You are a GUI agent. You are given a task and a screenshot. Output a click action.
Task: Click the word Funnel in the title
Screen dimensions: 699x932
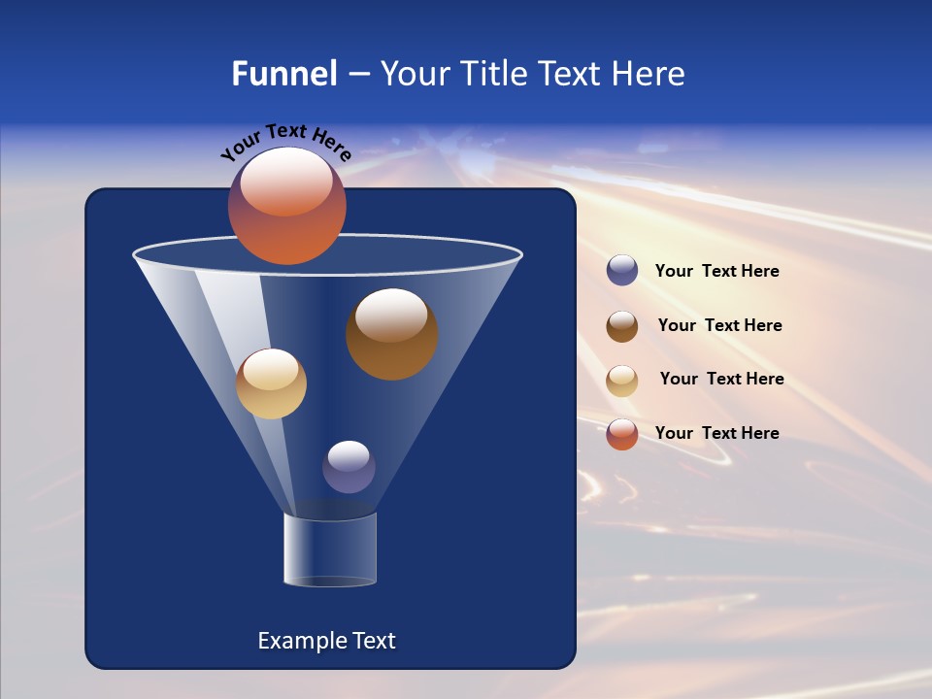283,74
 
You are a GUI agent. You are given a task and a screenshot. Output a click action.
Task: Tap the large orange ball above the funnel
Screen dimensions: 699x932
286,206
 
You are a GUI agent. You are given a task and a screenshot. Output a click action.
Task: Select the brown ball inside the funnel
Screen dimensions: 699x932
391,334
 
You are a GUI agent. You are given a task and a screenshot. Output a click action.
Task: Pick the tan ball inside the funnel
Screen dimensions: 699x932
271,383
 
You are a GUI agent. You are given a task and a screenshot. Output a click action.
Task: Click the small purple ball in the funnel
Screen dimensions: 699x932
349,467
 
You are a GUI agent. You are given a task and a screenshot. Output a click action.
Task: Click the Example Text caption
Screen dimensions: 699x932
326,641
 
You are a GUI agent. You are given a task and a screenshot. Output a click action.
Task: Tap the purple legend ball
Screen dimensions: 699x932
622,271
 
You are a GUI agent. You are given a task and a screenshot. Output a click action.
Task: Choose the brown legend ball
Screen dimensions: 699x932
622,325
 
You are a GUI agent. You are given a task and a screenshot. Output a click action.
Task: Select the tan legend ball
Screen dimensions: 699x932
622,380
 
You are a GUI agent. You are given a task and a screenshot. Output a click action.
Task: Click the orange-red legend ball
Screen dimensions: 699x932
622,433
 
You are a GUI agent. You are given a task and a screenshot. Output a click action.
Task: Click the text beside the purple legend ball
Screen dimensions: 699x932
716,272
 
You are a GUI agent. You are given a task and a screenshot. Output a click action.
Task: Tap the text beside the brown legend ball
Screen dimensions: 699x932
719,325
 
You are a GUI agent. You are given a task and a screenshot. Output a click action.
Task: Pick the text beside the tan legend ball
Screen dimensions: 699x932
721,379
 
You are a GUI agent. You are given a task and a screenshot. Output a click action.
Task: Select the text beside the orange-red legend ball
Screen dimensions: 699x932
716,433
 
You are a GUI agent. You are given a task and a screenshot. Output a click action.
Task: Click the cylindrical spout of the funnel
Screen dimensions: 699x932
330,549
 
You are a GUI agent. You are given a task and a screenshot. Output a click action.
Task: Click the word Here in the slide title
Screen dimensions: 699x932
649,74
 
